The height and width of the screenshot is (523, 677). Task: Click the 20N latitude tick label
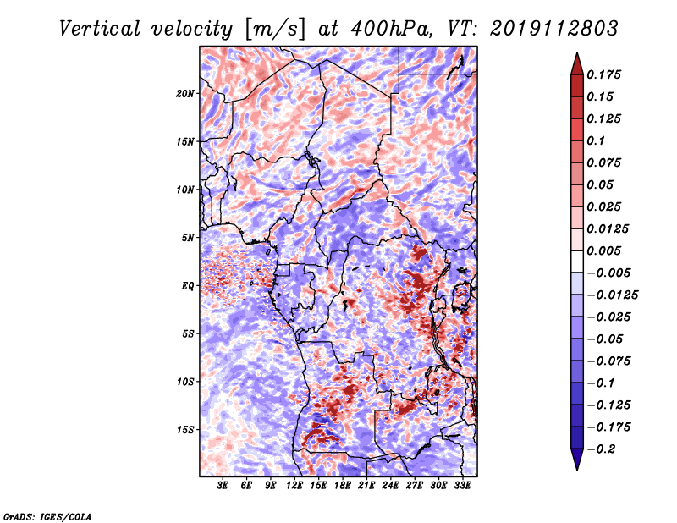tap(185, 94)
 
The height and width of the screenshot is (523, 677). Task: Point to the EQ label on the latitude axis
tap(188, 286)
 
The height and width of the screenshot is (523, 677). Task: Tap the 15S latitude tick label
tap(185, 430)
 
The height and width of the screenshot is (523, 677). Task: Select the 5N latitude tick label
tap(188, 238)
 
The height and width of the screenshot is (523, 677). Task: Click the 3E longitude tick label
tap(223, 485)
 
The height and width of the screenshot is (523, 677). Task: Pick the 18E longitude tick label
tap(343, 485)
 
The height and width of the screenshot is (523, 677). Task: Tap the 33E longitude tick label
tap(462, 485)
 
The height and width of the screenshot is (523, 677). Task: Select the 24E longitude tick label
tap(390, 485)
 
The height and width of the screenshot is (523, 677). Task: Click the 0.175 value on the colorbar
tap(603, 74)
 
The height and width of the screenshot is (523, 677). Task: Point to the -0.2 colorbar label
tap(601, 449)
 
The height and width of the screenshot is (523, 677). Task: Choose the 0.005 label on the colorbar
tap(603, 250)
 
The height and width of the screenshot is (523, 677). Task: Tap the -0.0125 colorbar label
tap(612, 295)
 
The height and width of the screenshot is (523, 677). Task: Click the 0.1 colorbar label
tap(596, 140)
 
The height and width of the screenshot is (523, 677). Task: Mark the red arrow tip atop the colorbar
tap(577, 53)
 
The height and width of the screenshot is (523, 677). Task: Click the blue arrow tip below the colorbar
tap(577, 469)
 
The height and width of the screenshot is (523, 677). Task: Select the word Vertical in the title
tap(100, 29)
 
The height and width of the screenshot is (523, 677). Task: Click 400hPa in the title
tap(392, 29)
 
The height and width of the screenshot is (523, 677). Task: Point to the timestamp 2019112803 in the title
tap(554, 29)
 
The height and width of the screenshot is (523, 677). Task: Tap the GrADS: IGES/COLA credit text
tap(47, 516)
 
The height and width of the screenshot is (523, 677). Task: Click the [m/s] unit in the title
tap(275, 30)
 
